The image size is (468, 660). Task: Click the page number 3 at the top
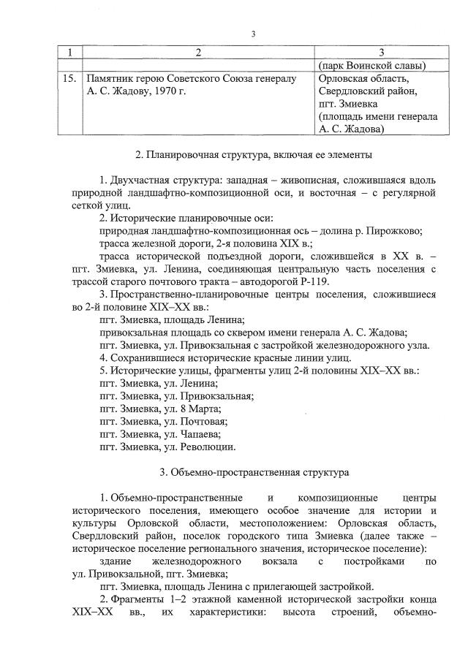tap(252, 34)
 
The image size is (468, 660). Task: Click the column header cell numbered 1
tap(69, 53)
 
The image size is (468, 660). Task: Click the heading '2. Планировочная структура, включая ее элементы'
tap(254, 154)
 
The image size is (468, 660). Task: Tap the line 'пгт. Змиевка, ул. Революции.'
tap(167, 447)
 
